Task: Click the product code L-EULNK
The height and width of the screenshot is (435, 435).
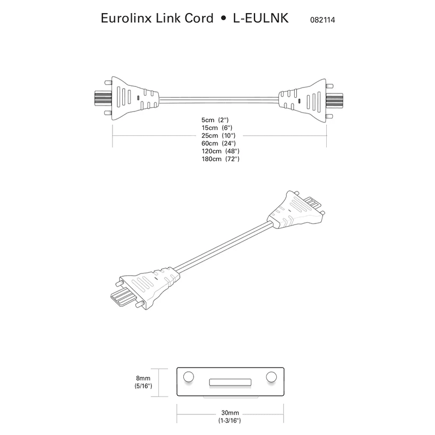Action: pyautogui.click(x=260, y=18)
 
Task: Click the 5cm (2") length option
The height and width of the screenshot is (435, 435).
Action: pyautogui.click(x=216, y=119)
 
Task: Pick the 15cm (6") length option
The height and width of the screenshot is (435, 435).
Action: pyautogui.click(x=216, y=127)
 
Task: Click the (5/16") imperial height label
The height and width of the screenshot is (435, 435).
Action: pyautogui.click(x=144, y=386)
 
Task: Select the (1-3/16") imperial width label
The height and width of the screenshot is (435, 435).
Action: pyautogui.click(x=231, y=420)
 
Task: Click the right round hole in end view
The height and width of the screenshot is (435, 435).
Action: pyautogui.click(x=271, y=377)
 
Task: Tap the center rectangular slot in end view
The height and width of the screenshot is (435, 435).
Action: pyautogui.click(x=231, y=382)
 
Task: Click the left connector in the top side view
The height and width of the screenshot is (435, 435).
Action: pyautogui.click(x=130, y=98)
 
